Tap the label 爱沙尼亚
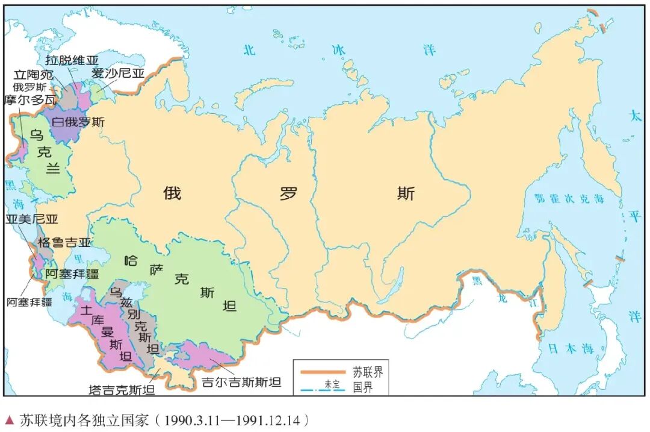coord(118,74)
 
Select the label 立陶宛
coord(34,75)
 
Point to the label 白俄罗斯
coord(78,122)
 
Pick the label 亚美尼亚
coord(32,219)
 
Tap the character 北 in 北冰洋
coord(249,50)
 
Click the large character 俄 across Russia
coord(172,193)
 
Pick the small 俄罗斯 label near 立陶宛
coord(31,87)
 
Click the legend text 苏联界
coord(367,371)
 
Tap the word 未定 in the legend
coord(329,384)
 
